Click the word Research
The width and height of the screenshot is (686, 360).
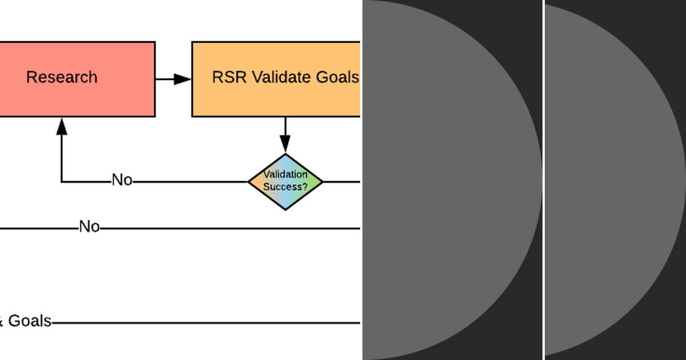(x=62, y=77)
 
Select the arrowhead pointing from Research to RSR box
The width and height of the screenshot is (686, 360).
(x=182, y=79)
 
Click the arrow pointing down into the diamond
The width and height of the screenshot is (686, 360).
(x=285, y=143)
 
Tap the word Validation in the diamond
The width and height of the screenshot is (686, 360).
(x=285, y=175)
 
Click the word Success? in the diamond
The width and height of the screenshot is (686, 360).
(x=285, y=187)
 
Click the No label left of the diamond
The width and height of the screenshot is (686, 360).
(x=122, y=181)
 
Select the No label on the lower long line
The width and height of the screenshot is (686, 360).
(x=89, y=227)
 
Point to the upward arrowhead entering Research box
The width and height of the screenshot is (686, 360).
(x=62, y=126)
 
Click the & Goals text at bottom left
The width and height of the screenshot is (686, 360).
(x=25, y=321)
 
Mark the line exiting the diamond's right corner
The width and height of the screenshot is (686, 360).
(x=341, y=182)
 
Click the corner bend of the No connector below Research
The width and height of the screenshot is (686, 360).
(x=62, y=182)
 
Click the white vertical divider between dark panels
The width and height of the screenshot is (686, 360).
(x=544, y=180)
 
